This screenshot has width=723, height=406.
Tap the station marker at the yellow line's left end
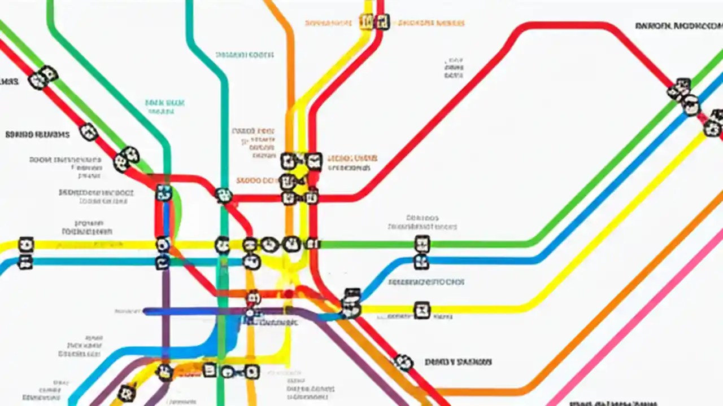(x=25, y=245)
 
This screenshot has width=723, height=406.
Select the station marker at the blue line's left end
(x=25, y=262)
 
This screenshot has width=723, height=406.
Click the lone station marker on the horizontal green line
(x=422, y=244)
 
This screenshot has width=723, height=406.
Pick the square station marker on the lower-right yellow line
(x=421, y=310)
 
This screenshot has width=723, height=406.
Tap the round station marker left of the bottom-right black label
(x=403, y=362)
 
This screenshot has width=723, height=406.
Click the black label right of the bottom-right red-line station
(x=458, y=362)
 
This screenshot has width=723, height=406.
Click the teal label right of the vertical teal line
(x=245, y=55)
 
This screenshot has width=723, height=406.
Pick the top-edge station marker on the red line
(x=382, y=22)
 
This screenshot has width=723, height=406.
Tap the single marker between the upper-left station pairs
(x=89, y=132)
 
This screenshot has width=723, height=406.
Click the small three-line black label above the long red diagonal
(x=454, y=67)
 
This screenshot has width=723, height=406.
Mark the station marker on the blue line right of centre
(x=421, y=262)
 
